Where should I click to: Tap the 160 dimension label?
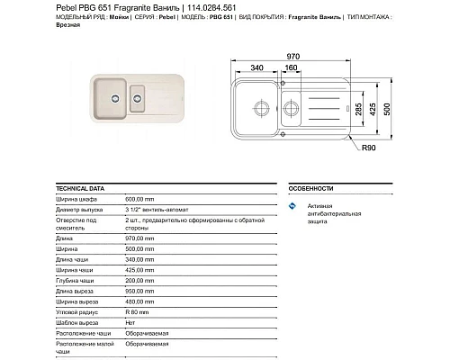292,67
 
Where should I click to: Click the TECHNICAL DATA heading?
79,189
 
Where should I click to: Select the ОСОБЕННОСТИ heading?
310,189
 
